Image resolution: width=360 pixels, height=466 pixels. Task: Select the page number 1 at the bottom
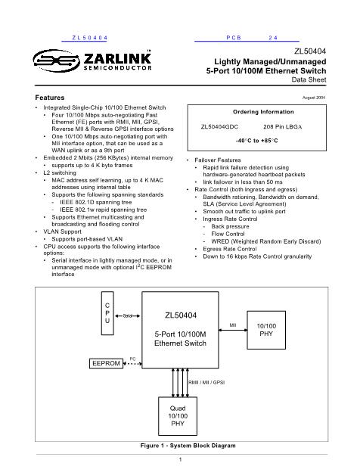[180, 458]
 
